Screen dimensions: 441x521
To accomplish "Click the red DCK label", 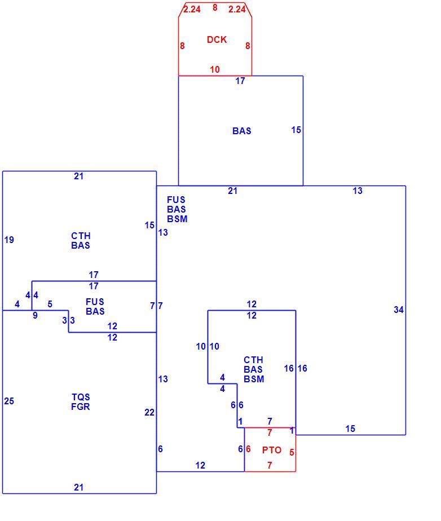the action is click(217, 39).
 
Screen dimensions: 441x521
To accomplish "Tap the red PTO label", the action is click(271, 450).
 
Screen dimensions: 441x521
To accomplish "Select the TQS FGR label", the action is click(81, 401).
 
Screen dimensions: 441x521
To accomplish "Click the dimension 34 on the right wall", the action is click(399, 310).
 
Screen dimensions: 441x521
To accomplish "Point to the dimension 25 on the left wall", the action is click(9, 401).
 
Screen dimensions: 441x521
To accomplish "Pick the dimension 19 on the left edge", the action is click(9, 240).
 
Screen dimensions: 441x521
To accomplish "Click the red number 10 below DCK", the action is click(215, 69).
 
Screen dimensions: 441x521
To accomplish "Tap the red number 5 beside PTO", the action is click(292, 452).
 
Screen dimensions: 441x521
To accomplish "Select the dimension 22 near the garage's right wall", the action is click(149, 412).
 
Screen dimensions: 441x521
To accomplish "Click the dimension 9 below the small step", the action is click(35, 315).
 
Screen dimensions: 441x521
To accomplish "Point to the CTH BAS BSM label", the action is click(254, 369).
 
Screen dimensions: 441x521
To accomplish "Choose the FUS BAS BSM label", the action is click(177, 209).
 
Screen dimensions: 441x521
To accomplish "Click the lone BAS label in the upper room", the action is click(241, 131).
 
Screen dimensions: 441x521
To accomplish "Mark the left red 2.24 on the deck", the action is click(192, 9).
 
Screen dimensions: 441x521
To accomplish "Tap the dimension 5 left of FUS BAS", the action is click(50, 304).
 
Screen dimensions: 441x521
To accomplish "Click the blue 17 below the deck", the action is click(240, 81).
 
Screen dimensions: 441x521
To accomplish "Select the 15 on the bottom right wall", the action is click(350, 429).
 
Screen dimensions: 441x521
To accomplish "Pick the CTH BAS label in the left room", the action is click(81, 241).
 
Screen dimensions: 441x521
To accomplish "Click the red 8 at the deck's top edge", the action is click(215, 7).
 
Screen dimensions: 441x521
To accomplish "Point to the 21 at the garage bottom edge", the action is click(78, 487).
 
